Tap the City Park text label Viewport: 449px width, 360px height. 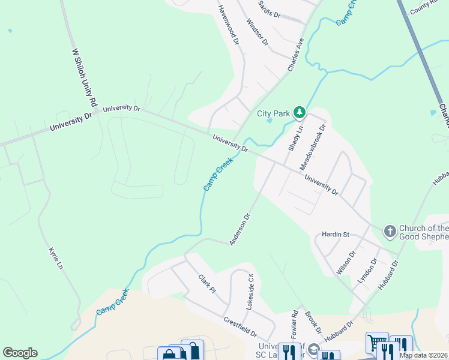coord(273,113)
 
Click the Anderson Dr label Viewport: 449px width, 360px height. coord(239,229)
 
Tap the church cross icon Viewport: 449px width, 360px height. coord(390,230)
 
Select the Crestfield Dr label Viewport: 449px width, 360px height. coord(240,328)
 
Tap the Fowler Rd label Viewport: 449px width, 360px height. coord(295,322)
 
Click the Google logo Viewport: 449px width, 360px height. coord(20,353)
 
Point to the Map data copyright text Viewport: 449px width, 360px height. coord(423,355)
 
